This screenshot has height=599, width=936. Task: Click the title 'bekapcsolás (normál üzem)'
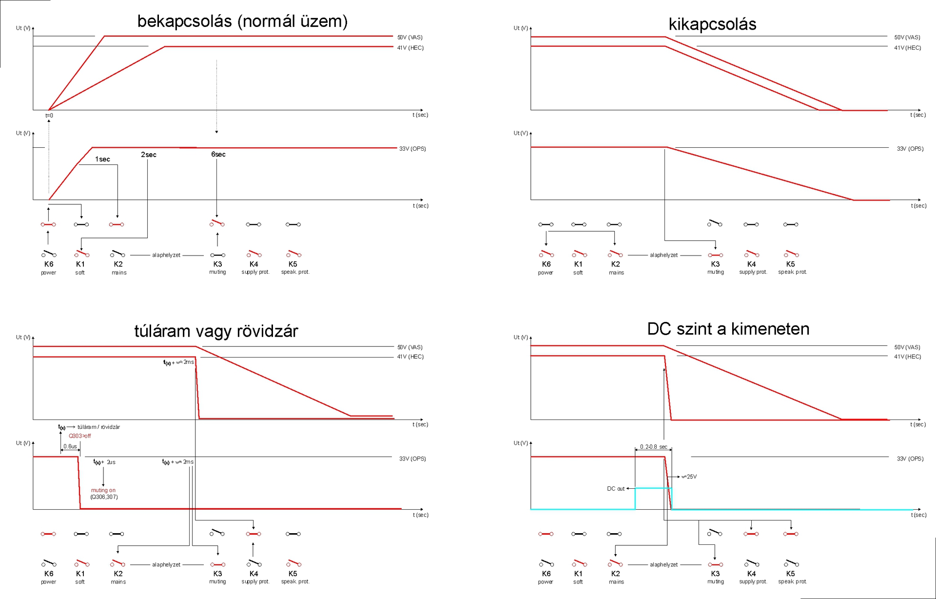coord(242,21)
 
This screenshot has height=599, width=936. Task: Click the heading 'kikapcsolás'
coord(712,24)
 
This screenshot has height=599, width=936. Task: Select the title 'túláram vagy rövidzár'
coord(216,331)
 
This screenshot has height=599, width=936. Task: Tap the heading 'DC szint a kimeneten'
coord(728,329)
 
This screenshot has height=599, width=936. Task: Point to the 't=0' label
coord(49,116)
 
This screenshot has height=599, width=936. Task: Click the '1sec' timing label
coord(102,160)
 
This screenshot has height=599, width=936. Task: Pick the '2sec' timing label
coord(149,155)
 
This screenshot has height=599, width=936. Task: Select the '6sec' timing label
coord(218,155)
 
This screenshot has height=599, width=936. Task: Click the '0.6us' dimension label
coord(70,446)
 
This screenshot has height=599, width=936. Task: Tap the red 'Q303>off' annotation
coord(79,436)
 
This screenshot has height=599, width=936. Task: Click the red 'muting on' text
coord(103,490)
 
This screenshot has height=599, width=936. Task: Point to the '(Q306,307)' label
coord(104,497)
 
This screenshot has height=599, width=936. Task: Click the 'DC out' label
coord(616,489)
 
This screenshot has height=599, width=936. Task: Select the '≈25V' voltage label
coord(689,477)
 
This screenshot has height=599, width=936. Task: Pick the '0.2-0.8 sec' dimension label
coord(654,447)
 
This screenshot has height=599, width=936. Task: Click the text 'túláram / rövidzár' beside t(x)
coord(98,427)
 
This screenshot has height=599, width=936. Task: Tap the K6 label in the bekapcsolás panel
coord(49,264)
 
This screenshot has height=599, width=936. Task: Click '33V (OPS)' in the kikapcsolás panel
coord(910,149)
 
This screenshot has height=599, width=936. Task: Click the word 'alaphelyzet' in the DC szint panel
coord(663,565)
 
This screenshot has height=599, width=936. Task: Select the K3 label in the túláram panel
coord(217,574)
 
